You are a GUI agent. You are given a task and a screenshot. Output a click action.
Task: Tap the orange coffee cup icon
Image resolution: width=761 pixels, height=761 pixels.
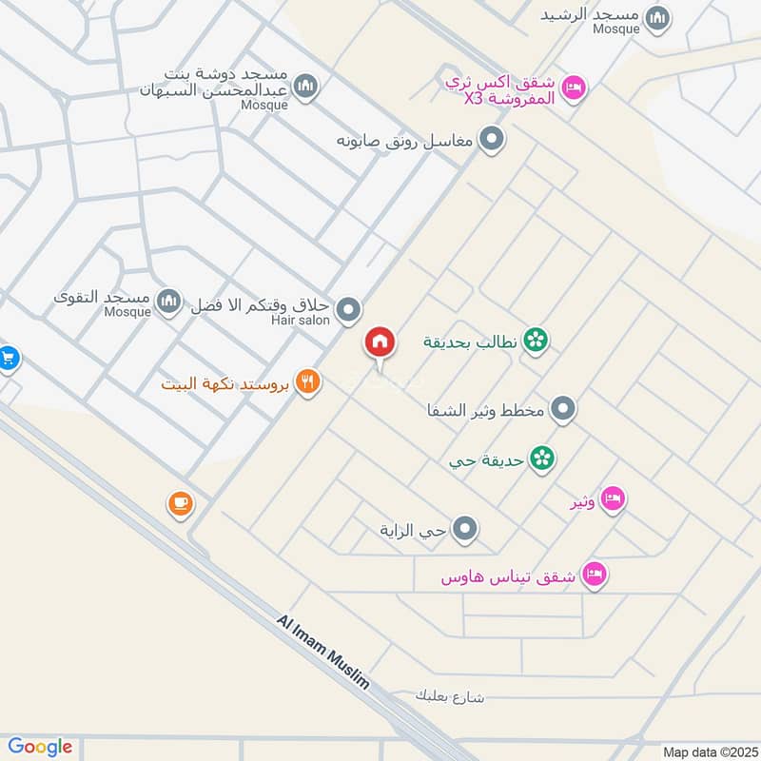[x=181, y=503]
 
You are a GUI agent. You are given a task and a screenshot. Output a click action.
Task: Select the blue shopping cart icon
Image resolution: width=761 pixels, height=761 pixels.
[x=9, y=359]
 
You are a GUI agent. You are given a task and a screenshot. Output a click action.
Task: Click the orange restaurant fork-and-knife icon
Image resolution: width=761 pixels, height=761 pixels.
[x=307, y=382]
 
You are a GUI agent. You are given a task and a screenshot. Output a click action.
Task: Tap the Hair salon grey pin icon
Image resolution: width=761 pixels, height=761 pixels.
[x=349, y=309]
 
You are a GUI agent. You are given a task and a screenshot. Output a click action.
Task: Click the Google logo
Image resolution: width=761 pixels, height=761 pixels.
[x=40, y=747]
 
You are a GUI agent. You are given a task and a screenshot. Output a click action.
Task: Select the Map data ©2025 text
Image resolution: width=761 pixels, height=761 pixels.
[x=708, y=751]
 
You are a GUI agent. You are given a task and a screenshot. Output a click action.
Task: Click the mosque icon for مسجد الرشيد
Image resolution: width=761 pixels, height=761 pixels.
[x=657, y=18]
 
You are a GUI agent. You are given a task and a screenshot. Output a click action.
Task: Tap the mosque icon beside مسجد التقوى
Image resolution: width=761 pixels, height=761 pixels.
[x=168, y=302]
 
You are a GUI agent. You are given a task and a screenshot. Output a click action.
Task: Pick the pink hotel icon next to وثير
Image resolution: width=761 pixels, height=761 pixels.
[x=613, y=498]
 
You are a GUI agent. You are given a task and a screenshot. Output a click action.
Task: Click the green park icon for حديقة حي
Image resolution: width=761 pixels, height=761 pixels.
[x=543, y=459]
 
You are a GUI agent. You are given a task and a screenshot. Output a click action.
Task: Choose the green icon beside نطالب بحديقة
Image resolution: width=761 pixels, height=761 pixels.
[x=537, y=340]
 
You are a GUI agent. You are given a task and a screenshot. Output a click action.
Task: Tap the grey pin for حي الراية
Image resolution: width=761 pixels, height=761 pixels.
[x=464, y=528]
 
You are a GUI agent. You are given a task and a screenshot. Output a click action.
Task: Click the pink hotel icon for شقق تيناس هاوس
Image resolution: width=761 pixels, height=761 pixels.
[x=595, y=575]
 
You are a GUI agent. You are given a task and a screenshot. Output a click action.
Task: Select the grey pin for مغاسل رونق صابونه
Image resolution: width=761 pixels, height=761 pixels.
[x=491, y=141]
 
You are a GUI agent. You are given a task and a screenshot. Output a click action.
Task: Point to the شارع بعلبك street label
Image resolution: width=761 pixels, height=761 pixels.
[x=450, y=696]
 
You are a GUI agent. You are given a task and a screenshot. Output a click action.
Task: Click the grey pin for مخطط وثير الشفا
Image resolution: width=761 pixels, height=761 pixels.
[x=563, y=410]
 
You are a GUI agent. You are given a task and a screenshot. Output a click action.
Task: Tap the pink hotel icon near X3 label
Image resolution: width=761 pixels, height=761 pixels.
[x=574, y=88]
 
